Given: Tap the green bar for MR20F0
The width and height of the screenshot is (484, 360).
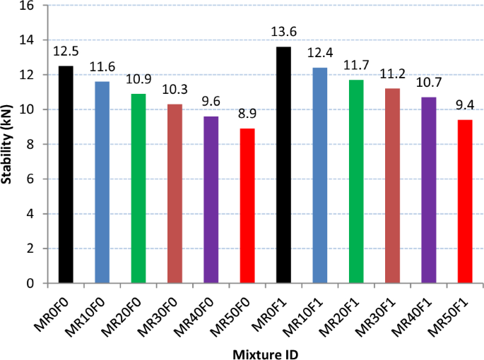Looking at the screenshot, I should tap(138, 188).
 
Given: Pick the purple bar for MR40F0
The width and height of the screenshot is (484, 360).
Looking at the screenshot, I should tap(211, 200).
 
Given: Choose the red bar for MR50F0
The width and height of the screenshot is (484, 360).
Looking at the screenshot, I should tap(247, 205).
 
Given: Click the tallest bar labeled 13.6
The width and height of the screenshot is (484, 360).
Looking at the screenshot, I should tap(283, 165).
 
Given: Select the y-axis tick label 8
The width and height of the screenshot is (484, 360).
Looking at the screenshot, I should tap(30, 145).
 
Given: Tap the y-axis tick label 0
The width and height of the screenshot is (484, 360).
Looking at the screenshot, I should tap(30, 283).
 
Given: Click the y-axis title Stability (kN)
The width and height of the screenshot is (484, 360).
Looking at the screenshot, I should tap(8, 145).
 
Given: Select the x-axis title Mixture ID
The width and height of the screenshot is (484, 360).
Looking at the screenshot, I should tap(265, 351).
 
